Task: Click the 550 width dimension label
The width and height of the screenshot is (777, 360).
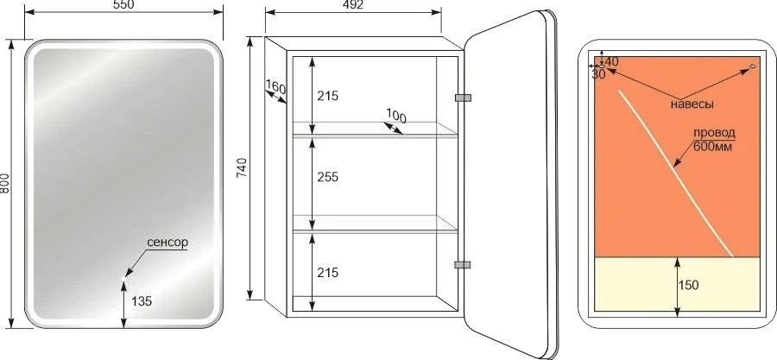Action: pyautogui.click(x=123, y=4)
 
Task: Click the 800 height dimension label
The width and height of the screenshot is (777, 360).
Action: pyautogui.click(x=5, y=183)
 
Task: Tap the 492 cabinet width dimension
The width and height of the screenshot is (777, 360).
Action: pyautogui.click(x=352, y=5)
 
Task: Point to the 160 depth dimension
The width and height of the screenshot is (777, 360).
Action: pyautogui.click(x=275, y=88)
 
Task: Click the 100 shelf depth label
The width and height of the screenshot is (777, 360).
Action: pyautogui.click(x=395, y=117)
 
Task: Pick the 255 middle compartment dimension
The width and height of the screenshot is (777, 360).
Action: pyautogui.click(x=327, y=177)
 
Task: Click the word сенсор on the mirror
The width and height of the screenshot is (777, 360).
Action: pyautogui.click(x=167, y=243)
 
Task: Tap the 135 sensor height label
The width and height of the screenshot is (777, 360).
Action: pyautogui.click(x=142, y=300)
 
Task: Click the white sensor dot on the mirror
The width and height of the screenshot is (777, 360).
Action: pyautogui.click(x=123, y=280)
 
